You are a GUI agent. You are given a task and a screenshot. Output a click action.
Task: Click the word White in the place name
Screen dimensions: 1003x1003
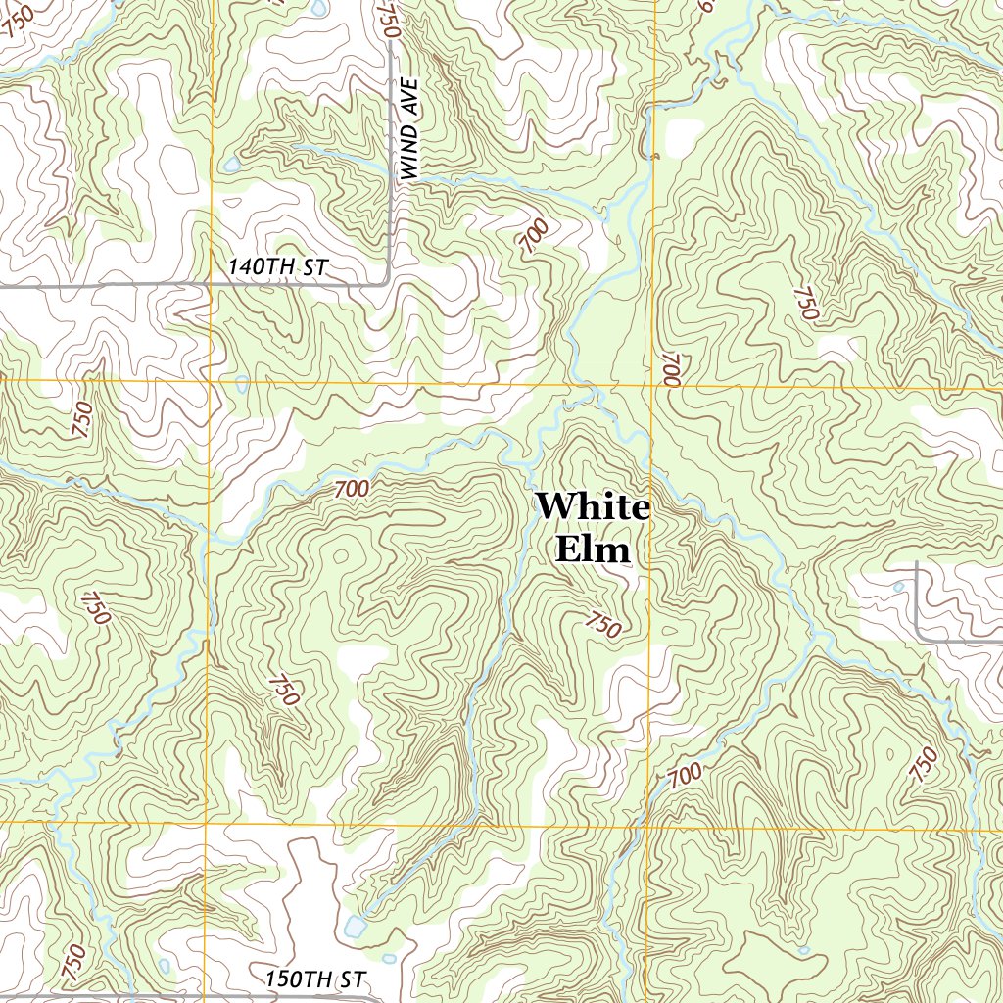[x=593, y=507]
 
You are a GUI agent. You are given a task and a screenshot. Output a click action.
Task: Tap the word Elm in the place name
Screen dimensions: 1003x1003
[x=593, y=549]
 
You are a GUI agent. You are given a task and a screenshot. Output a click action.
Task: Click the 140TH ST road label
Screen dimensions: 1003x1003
[x=276, y=266]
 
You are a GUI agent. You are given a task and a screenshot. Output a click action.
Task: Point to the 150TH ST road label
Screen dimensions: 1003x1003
[x=314, y=979]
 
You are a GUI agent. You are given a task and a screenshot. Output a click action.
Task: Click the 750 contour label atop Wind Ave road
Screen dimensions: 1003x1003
[x=389, y=20]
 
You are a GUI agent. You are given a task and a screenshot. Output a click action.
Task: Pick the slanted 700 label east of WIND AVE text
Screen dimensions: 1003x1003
[x=535, y=236]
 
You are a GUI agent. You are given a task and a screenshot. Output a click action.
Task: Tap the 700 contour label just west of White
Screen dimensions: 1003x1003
[x=352, y=488]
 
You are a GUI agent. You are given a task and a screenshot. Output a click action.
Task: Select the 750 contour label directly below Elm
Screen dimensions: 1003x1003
[x=603, y=624]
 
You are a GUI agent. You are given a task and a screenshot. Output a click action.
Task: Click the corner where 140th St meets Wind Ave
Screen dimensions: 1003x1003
[x=388, y=282]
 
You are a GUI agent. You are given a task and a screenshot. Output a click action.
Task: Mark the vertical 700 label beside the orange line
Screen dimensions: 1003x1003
[x=670, y=369]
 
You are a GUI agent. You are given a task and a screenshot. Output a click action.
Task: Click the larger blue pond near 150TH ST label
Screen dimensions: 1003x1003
[x=355, y=927]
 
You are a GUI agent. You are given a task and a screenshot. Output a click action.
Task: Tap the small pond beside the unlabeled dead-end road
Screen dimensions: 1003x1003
[x=899, y=588]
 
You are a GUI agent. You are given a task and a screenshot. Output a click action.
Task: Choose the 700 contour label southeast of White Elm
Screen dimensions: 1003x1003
[x=685, y=775]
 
